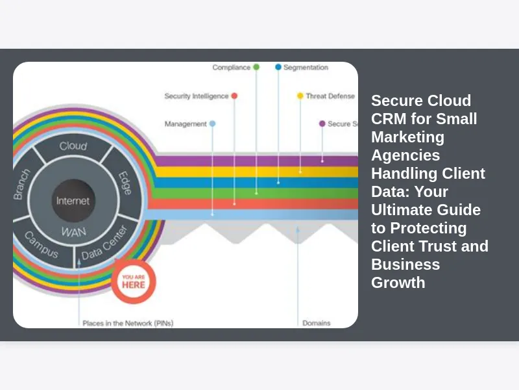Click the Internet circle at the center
[73, 200]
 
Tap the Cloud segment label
[73, 146]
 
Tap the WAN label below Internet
[73, 231]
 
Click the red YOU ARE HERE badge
[133, 281]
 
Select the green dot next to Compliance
[256, 67]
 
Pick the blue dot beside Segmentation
[278, 67]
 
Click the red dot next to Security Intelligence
[234, 96]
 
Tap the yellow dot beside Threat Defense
[300, 96]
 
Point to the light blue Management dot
[212, 123]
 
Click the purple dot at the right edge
[322, 123]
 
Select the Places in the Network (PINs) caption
[127, 322]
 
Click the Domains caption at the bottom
[316, 322]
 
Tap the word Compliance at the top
[231, 68]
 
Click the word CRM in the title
[390, 119]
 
